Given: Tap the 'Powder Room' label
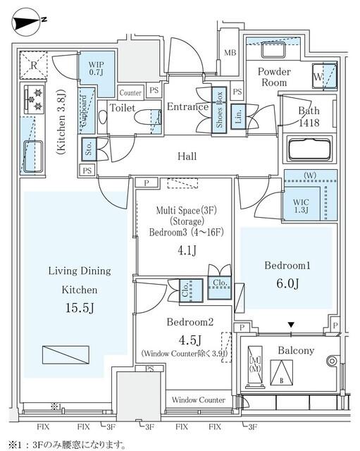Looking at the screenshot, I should coord(273,77).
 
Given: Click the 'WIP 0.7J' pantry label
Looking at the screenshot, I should coord(97,68).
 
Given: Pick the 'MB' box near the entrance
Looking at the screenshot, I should coord(230,53).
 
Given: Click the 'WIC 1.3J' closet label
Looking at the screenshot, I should coord(302,206).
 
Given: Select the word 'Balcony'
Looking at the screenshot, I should coord(296,351).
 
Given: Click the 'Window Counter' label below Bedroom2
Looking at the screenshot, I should coord(198,400).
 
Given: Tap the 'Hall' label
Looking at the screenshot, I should coord(187,156).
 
